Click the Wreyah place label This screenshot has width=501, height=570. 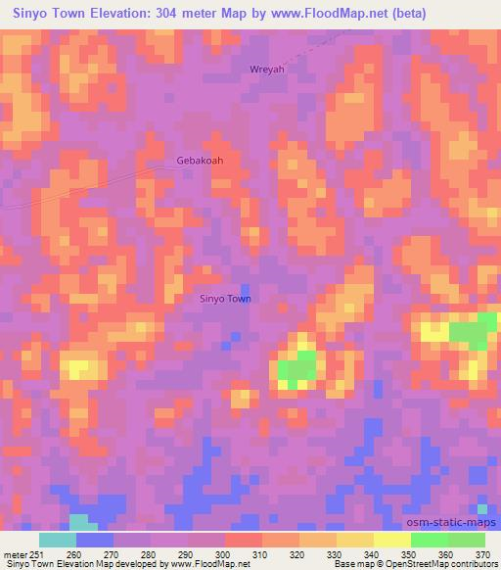click(266, 70)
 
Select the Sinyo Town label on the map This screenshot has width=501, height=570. click(225, 299)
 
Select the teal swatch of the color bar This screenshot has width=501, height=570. click(58, 540)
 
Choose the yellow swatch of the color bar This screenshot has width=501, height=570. click(392, 540)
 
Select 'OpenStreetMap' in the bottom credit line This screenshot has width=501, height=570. click(396, 564)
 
